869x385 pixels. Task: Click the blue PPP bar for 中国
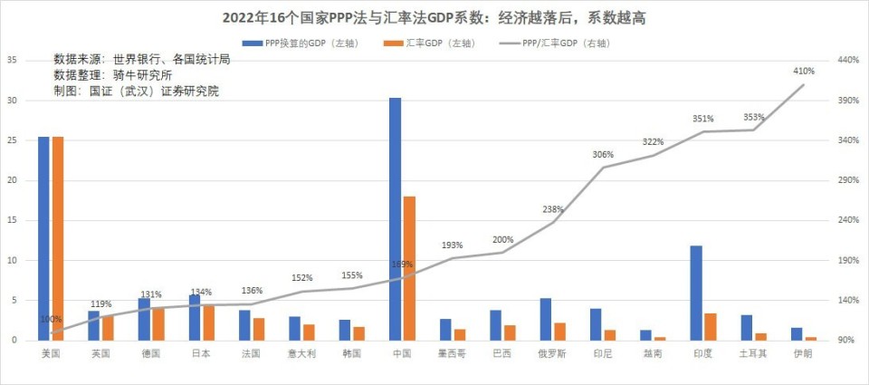pos(396,218)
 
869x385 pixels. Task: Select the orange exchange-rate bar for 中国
pos(409,267)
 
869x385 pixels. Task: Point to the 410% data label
pos(804,71)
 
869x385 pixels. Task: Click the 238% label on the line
pos(553,209)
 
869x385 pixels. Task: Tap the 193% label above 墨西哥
pos(453,245)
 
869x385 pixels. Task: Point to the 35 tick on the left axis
pos(13,60)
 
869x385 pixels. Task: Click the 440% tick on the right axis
pos(845,60)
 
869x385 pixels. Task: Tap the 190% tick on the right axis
pos(845,260)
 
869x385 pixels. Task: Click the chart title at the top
pos(434,17)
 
